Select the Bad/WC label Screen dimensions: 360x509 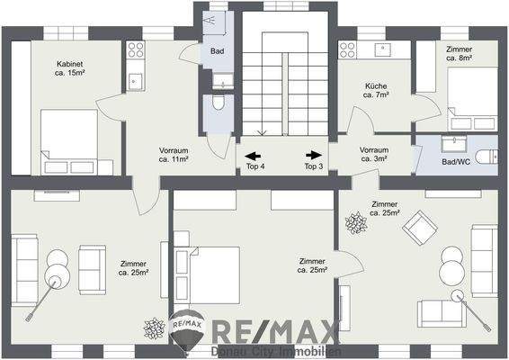click(x=458, y=160)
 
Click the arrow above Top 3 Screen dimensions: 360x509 click(x=313, y=154)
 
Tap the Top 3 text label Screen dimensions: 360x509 click(x=313, y=166)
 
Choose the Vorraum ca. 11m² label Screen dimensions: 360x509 click(x=174, y=154)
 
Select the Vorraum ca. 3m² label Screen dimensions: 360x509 click(x=373, y=154)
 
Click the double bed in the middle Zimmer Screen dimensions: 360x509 click(x=210, y=270)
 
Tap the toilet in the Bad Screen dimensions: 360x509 click(x=218, y=110)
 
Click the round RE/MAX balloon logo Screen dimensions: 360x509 click(x=186, y=330)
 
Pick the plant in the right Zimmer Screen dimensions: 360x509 click(x=356, y=220)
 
